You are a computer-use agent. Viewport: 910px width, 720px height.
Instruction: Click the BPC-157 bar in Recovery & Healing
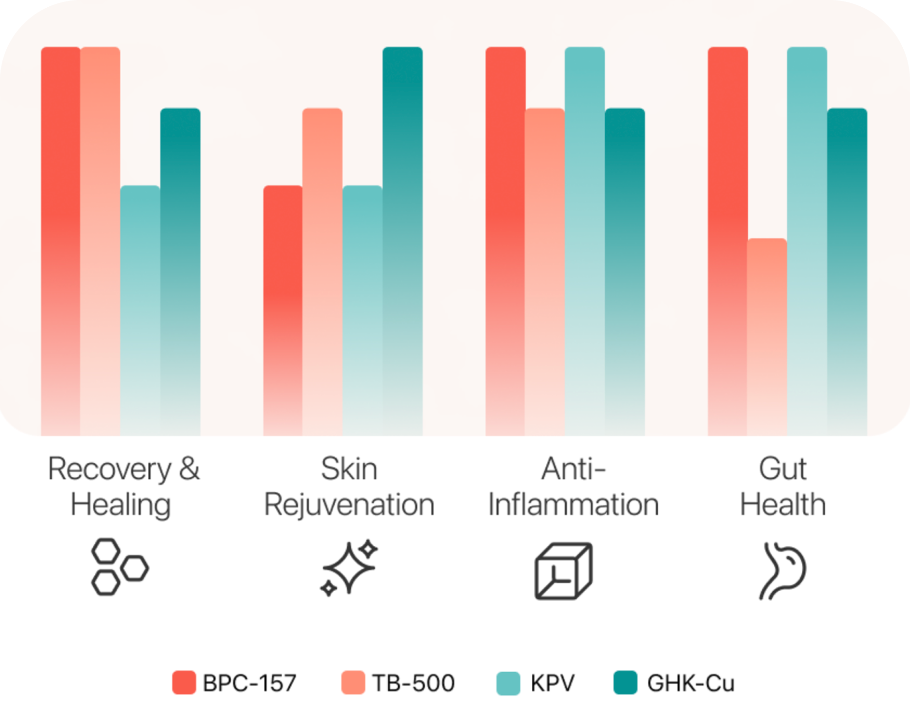60,241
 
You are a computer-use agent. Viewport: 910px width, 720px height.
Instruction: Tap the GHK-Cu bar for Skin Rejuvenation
402,241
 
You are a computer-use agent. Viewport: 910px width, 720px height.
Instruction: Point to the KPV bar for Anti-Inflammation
584,241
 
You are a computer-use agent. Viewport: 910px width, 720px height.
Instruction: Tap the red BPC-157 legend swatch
184,682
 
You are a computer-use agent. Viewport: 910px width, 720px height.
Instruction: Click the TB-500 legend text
413,683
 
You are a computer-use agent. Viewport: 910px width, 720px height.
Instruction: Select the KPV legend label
552,683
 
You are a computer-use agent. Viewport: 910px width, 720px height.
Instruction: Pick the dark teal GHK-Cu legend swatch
625,682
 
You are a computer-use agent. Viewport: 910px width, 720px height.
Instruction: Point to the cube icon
563,571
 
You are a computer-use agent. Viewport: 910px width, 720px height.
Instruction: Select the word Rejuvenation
349,505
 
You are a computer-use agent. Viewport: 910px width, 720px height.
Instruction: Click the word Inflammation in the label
573,505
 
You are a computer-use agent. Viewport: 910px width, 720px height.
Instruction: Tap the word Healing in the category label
121,505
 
